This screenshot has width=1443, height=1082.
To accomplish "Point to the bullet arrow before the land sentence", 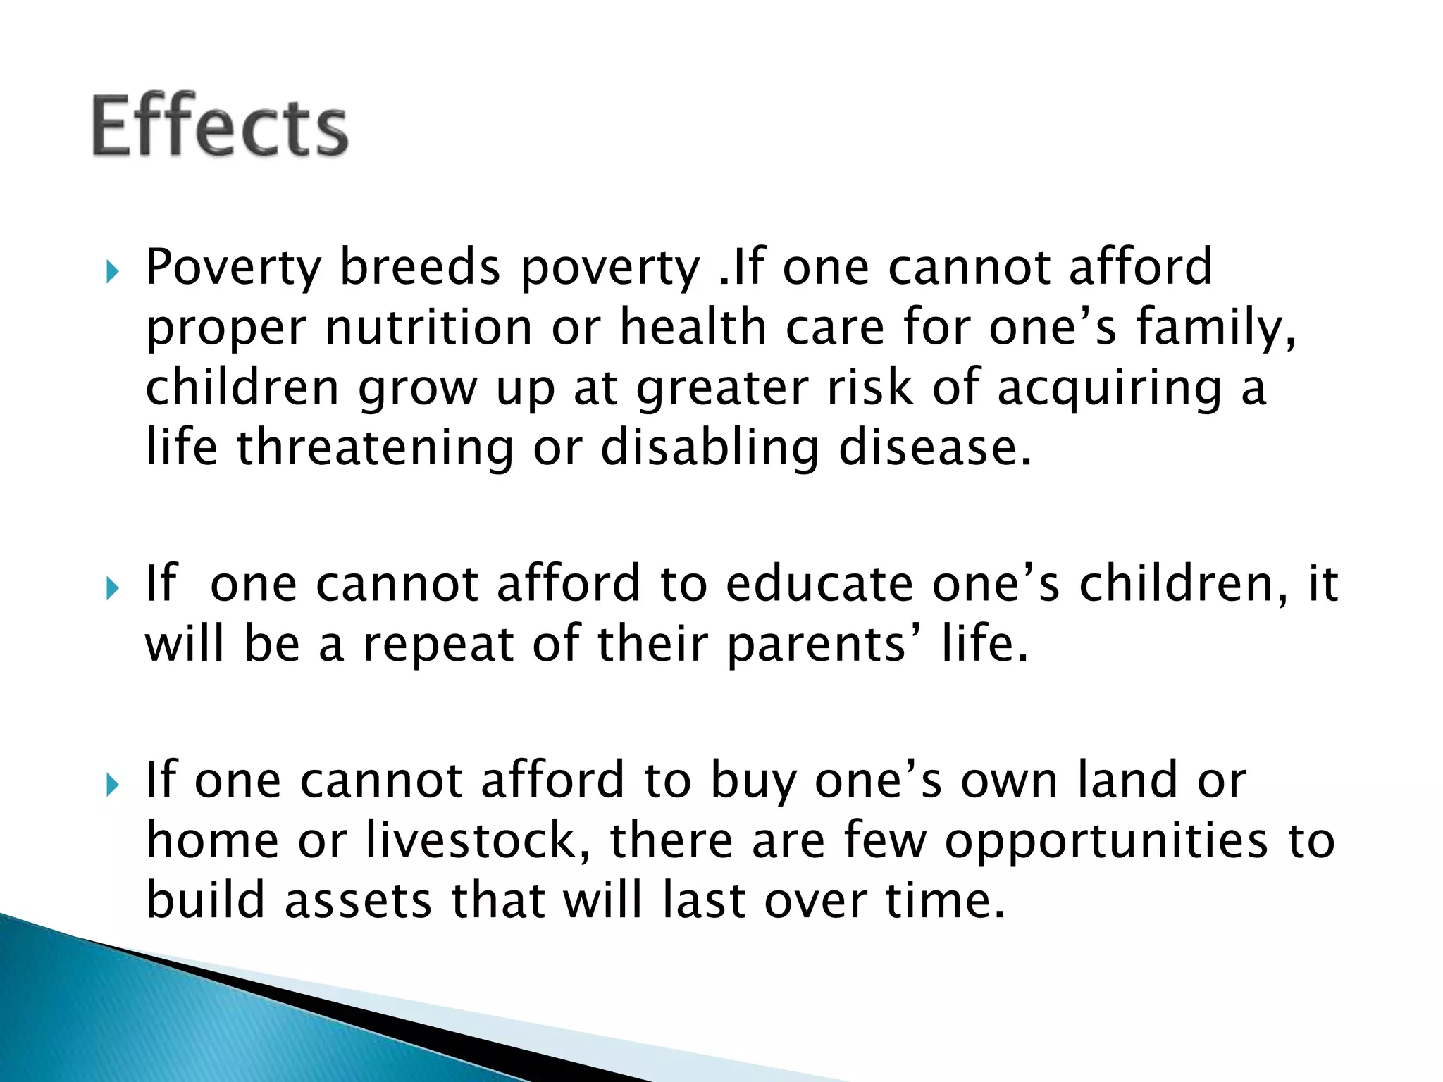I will (112, 783).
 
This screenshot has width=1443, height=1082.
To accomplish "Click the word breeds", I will (420, 268).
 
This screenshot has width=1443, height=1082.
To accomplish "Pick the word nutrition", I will (428, 328).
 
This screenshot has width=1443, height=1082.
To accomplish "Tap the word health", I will (693, 328).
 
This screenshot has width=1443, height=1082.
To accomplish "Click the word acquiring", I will (1110, 389).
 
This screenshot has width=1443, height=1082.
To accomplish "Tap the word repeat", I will (438, 645).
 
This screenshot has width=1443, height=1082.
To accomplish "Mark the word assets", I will (358, 901).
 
